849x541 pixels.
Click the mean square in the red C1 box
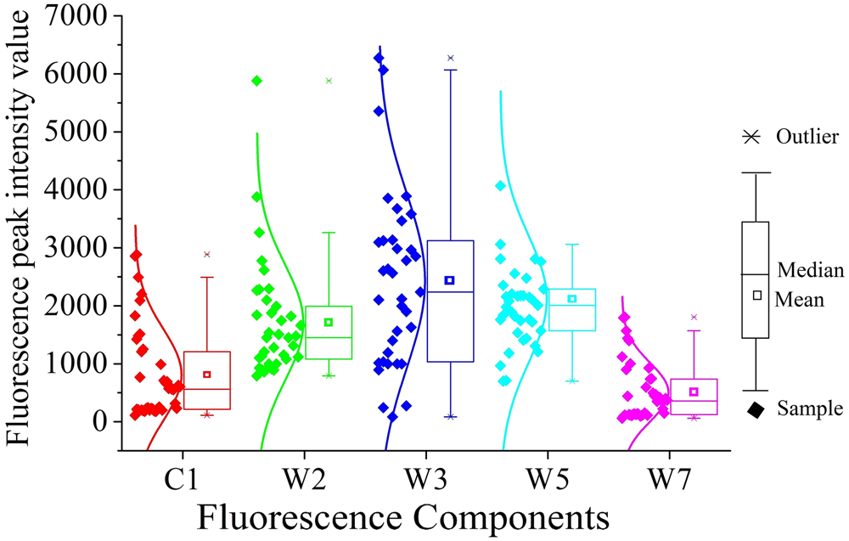click(206, 375)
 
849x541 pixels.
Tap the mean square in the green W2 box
click(329, 322)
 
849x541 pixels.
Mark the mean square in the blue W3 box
click(450, 280)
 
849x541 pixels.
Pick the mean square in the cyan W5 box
click(572, 299)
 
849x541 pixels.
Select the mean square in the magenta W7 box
click(694, 392)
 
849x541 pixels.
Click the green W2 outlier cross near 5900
click(329, 81)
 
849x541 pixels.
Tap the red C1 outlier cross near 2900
click(206, 254)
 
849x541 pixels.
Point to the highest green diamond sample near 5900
click(256, 81)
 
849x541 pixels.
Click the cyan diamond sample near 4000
click(501, 186)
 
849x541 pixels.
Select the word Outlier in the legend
click(807, 137)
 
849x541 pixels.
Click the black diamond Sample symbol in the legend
click(755, 410)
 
